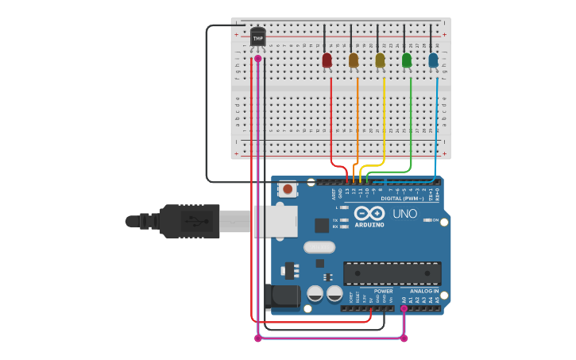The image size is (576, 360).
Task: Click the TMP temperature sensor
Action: [x=257, y=37]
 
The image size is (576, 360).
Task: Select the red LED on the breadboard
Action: [x=327, y=60]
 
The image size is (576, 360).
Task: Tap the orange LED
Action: [x=354, y=60]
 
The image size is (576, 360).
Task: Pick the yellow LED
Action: [x=380, y=60]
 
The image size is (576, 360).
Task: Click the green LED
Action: [x=407, y=60]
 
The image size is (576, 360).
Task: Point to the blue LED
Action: [x=433, y=60]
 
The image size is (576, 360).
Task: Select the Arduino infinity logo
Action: [x=369, y=213]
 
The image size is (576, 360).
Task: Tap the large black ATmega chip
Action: [x=392, y=273]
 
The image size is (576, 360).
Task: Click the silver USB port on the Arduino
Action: [x=275, y=222]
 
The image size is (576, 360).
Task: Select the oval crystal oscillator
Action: [x=319, y=247]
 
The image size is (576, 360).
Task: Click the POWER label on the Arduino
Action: [x=383, y=291]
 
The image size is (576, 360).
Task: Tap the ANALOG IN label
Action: [x=423, y=291]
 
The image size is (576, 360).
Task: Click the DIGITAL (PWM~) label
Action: [x=402, y=199]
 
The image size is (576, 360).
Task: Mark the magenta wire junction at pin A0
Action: [x=404, y=308]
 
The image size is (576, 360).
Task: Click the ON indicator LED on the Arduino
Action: [x=427, y=220]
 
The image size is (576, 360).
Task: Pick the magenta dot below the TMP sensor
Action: [x=257, y=58]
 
